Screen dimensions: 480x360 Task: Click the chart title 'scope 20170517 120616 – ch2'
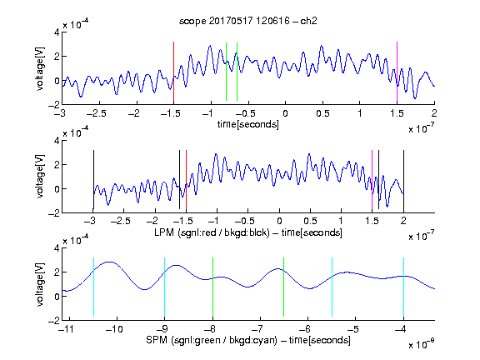248,21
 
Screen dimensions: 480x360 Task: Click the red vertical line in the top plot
173,72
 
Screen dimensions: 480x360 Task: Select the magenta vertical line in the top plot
397,72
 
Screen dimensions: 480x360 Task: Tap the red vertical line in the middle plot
186,180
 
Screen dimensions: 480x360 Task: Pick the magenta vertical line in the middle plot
372,180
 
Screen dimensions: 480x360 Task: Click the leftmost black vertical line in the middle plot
93,180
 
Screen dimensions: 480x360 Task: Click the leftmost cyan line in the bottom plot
93,287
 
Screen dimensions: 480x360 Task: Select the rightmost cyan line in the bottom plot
403,287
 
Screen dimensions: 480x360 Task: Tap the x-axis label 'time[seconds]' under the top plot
248,124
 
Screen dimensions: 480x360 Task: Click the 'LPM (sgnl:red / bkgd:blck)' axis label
212,232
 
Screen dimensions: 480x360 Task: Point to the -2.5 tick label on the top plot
97,113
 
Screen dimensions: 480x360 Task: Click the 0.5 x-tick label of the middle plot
310,221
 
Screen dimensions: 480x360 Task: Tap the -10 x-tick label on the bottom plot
114,329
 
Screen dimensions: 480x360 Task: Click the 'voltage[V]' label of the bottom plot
40,284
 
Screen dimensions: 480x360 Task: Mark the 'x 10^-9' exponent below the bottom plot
421,344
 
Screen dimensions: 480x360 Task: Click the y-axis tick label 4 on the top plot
57,32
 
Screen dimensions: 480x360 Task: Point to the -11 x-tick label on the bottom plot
66,329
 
